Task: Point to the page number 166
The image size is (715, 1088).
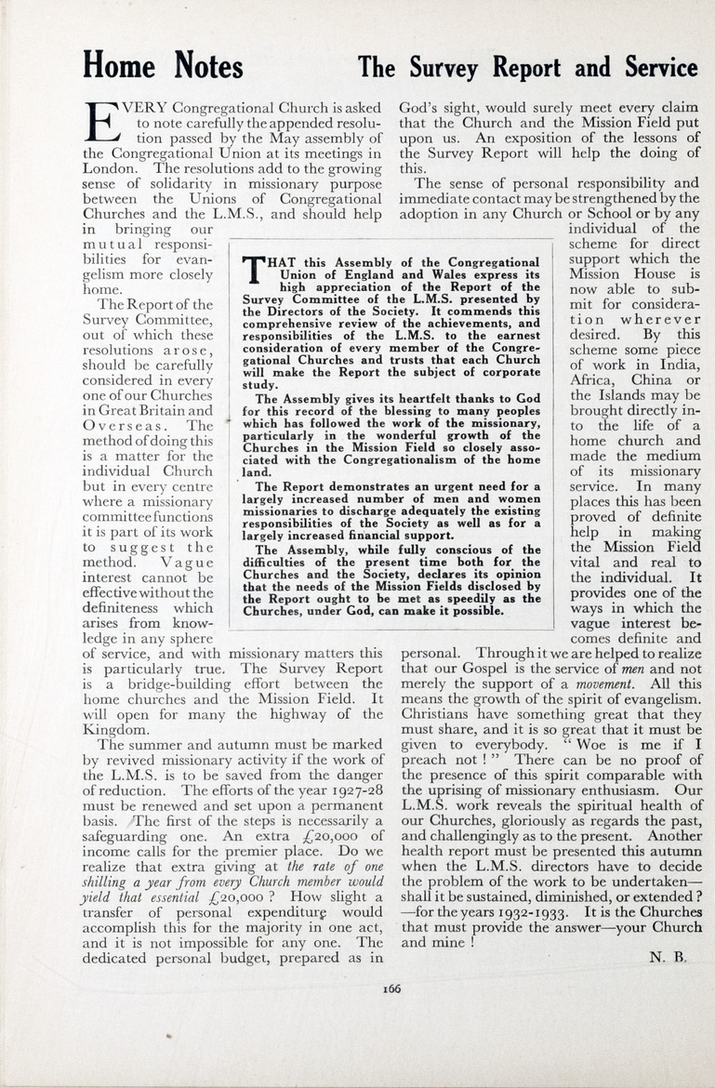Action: click(391, 988)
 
